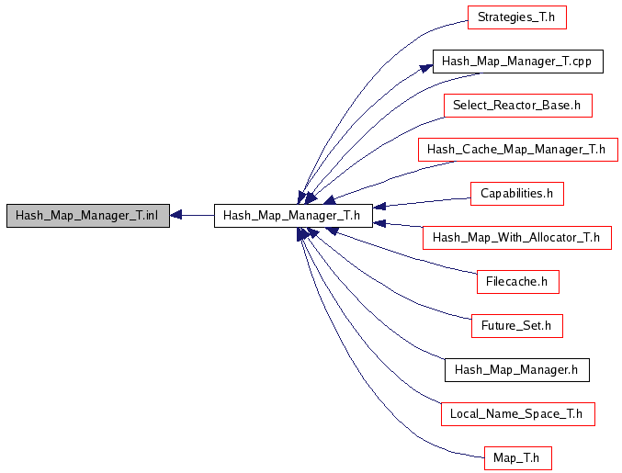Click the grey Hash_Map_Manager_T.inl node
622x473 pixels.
click(87, 216)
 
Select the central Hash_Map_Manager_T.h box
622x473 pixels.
click(293, 216)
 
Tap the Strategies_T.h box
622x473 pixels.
click(516, 17)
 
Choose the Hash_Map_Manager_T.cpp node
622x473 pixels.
click(517, 62)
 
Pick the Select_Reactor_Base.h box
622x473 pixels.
click(517, 106)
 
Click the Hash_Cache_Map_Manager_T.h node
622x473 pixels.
click(517, 150)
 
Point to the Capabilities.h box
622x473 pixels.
click(516, 194)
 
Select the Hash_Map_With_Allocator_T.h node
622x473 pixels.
click(516, 238)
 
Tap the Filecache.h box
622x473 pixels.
click(517, 282)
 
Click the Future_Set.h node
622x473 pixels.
click(516, 326)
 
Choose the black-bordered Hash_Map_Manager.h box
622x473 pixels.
click(516, 370)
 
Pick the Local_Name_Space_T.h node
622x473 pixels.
click(516, 414)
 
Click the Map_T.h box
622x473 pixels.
click(516, 457)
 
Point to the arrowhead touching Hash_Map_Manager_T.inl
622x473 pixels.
click(177, 216)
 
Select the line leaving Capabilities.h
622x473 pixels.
click(423, 200)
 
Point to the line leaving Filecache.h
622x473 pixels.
click(404, 255)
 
